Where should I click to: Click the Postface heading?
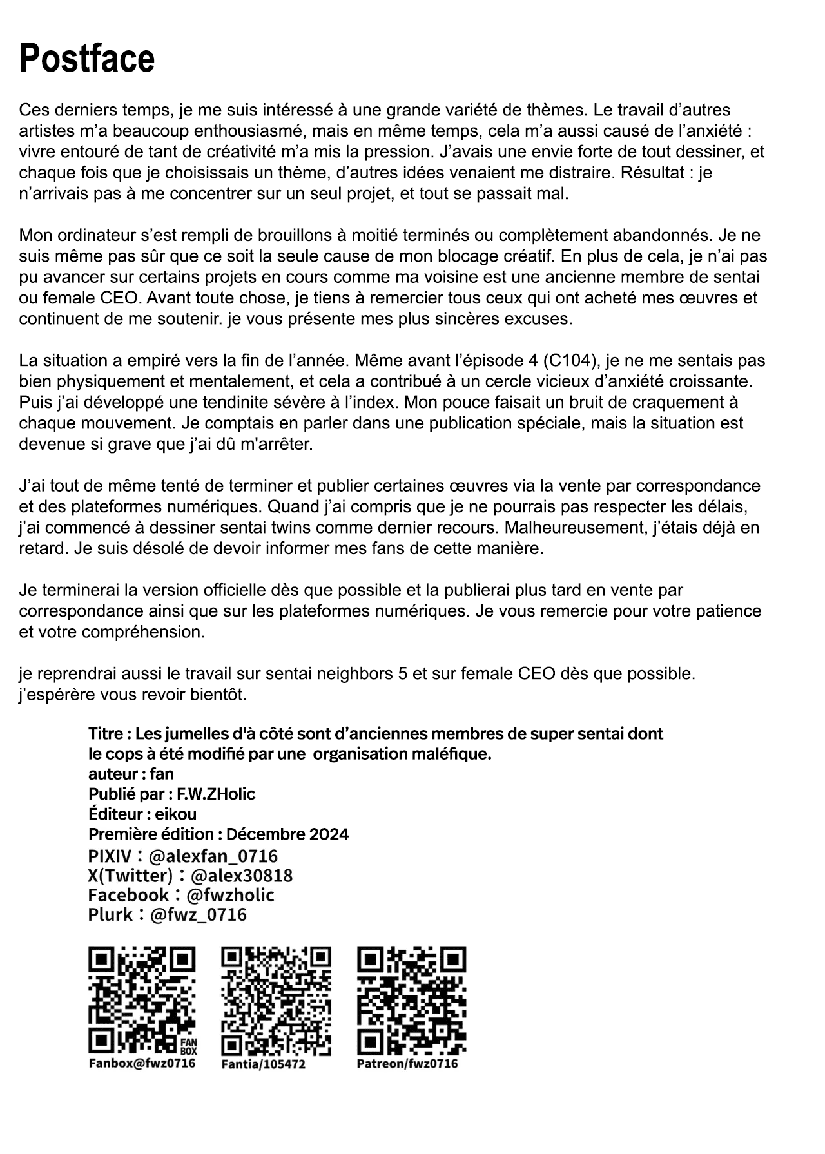point(87,59)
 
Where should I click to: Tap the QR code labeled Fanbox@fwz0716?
point(142,1000)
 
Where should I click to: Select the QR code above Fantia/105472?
point(276,1000)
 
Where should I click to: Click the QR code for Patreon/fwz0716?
point(411,1000)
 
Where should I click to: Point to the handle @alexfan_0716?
point(213,856)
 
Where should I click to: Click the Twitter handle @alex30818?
point(242,876)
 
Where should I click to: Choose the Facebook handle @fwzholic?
point(230,895)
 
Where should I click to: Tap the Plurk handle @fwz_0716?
point(198,914)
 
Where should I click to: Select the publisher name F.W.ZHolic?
point(216,794)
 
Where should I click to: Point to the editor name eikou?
point(175,814)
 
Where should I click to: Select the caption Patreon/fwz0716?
point(407,1063)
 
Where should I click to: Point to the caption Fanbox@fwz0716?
point(142,1063)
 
